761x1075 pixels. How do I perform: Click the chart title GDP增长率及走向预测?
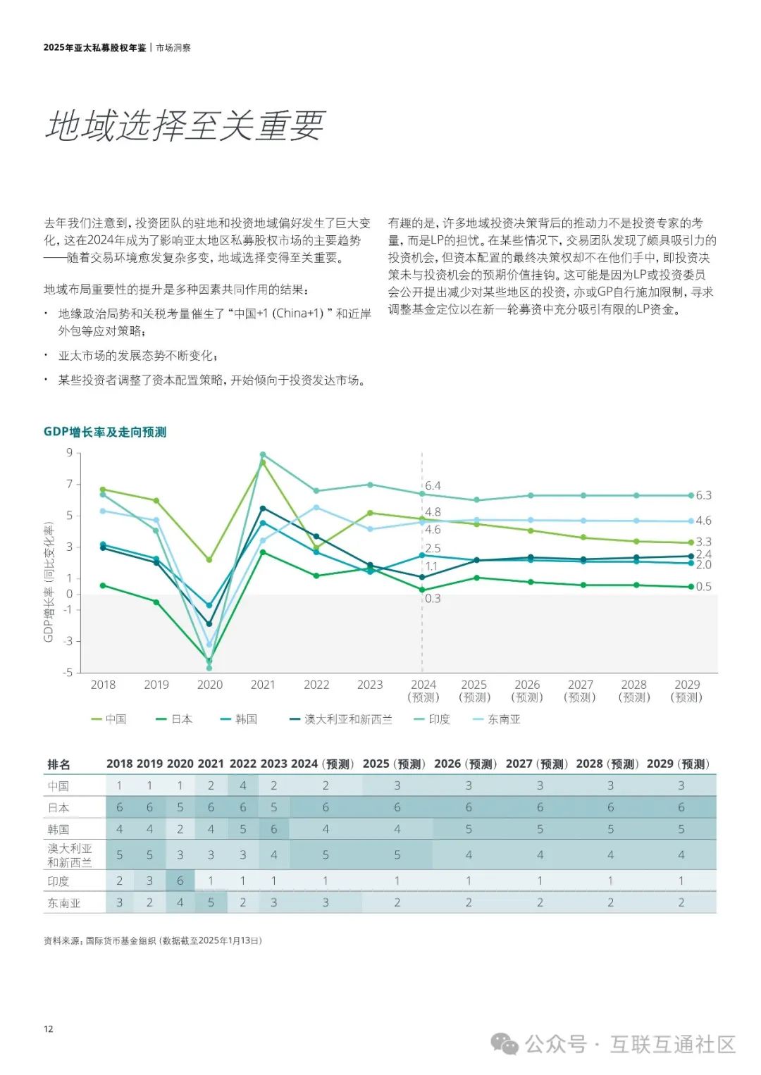pyautogui.click(x=105, y=432)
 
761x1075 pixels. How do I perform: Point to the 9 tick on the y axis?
pyautogui.click(x=69, y=452)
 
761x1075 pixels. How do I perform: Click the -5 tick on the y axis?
pyautogui.click(x=68, y=673)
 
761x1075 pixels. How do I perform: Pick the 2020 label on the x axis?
pyautogui.click(x=209, y=685)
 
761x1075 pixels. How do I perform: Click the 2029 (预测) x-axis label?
pyautogui.click(x=687, y=690)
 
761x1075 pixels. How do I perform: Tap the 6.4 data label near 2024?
pyautogui.click(x=433, y=486)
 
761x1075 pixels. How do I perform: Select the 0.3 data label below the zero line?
pyautogui.click(x=433, y=599)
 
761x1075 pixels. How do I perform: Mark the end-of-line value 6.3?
pyautogui.click(x=703, y=495)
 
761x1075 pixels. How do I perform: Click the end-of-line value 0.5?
pyautogui.click(x=703, y=586)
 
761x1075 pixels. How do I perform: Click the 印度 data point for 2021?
pyautogui.click(x=263, y=454)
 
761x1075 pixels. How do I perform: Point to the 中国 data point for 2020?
pyautogui.click(x=209, y=560)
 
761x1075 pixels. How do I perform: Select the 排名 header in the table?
pyautogui.click(x=58, y=764)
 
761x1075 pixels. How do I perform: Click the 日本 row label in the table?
pyautogui.click(x=58, y=807)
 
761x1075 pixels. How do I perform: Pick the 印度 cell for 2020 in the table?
pyautogui.click(x=180, y=881)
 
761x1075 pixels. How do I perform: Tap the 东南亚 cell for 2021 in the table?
pyautogui.click(x=211, y=902)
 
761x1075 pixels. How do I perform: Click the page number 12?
pyautogui.click(x=48, y=1029)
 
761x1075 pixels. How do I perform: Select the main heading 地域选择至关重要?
pyautogui.click(x=185, y=126)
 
